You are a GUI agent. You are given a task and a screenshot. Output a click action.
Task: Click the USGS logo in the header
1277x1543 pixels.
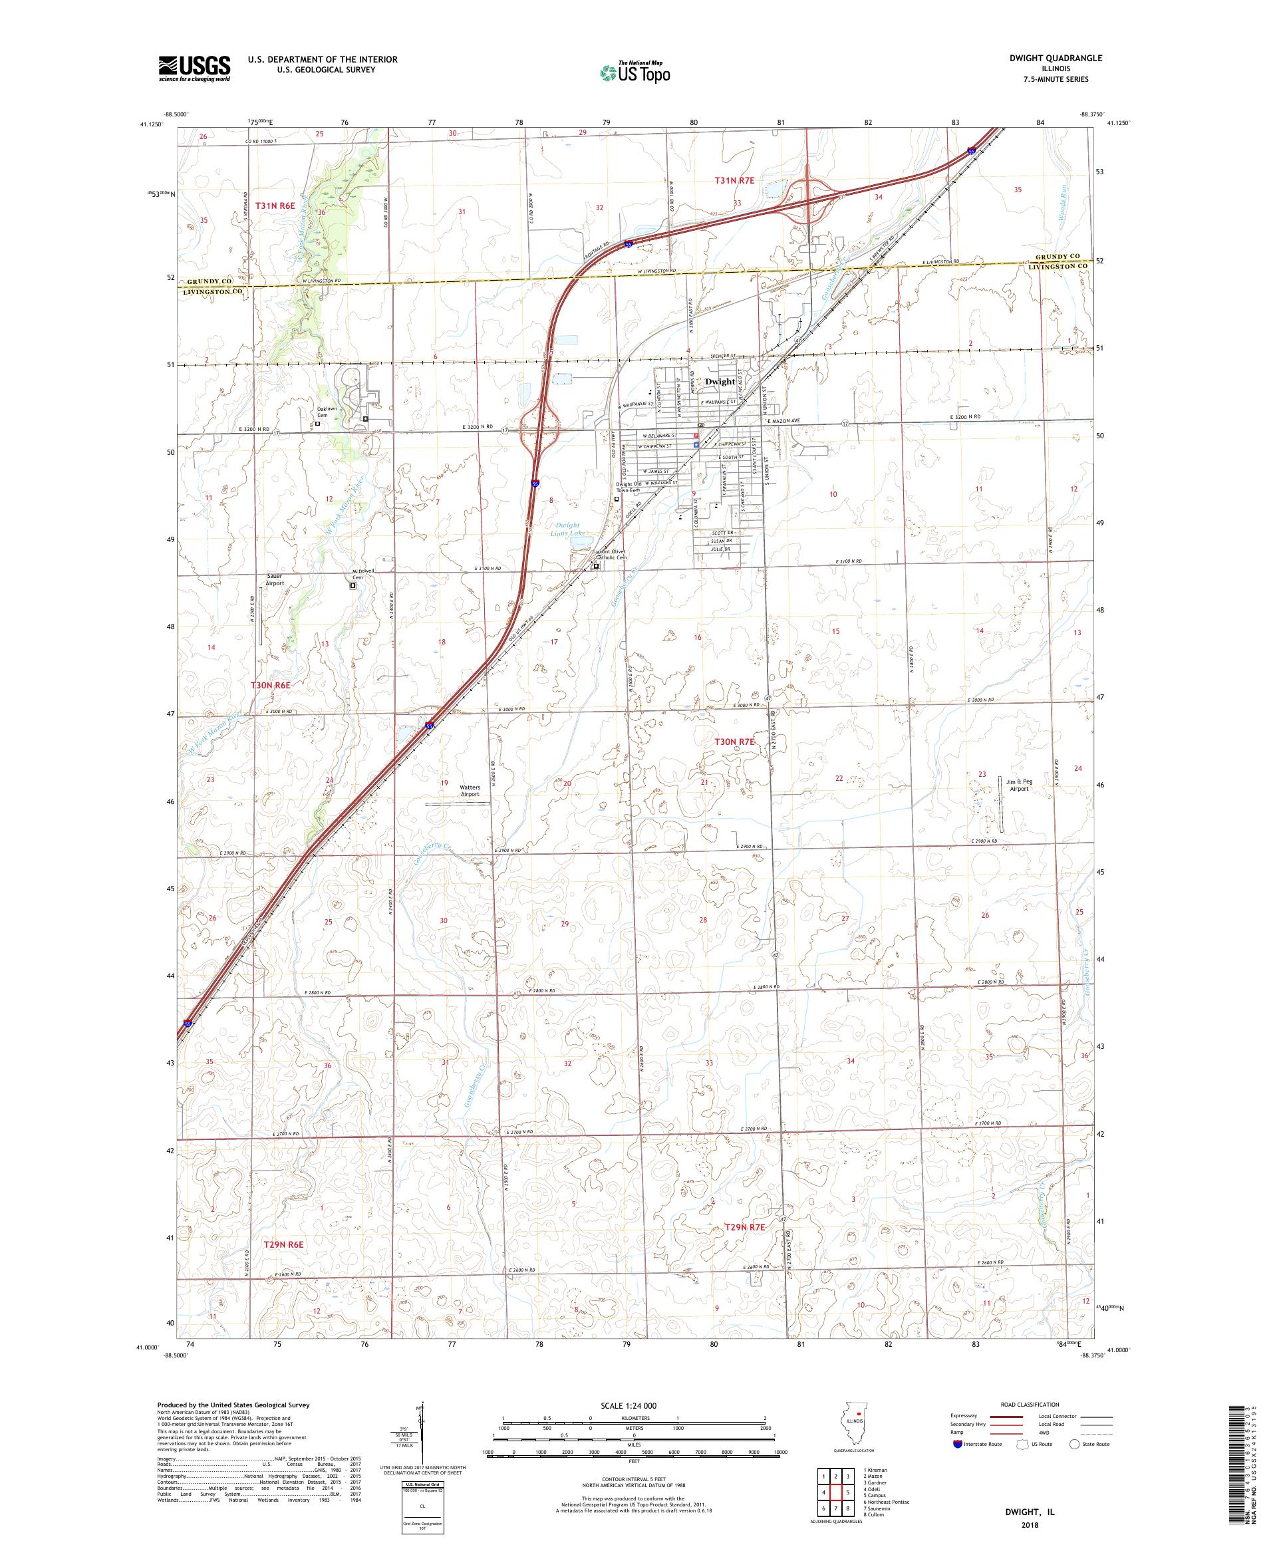(195, 69)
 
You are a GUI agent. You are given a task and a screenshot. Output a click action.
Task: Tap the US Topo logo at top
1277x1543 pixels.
(636, 72)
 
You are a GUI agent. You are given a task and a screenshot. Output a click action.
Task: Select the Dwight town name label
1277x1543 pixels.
(720, 381)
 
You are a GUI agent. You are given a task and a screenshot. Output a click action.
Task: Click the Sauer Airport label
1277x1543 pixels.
(275, 579)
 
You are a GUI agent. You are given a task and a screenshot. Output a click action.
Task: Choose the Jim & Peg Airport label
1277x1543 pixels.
(1019, 785)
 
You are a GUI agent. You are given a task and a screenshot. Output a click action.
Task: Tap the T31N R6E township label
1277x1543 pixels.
(275, 206)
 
